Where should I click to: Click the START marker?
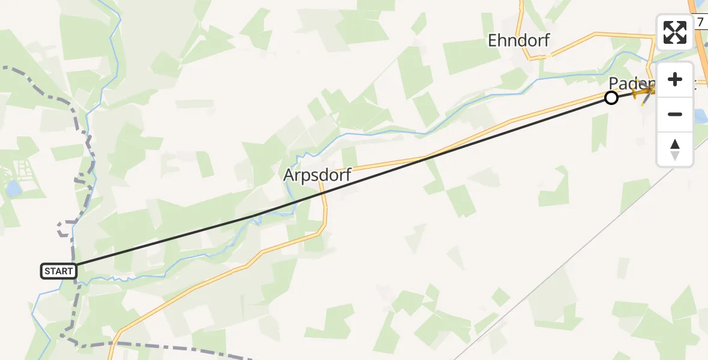tap(59, 271)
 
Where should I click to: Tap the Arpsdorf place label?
tap(317, 176)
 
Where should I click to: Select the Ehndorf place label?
tap(518, 40)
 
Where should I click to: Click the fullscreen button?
tap(675, 32)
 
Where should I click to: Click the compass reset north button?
tap(675, 149)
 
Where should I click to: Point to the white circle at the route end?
tap(611, 98)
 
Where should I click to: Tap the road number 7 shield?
tap(700, 22)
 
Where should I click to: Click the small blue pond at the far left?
tap(12, 190)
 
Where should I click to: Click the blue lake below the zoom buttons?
tap(700, 116)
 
